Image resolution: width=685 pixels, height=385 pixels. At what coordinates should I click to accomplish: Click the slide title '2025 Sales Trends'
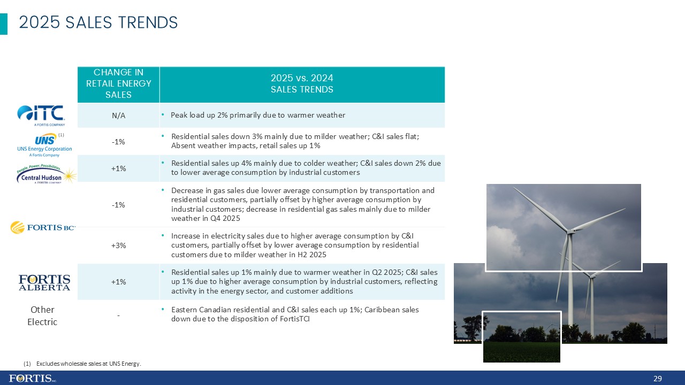[98, 22]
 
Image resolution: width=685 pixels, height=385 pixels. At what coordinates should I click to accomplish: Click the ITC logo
[41, 114]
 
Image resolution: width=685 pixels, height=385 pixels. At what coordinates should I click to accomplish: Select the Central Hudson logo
[46, 174]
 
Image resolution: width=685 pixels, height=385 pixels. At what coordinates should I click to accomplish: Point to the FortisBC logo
[43, 228]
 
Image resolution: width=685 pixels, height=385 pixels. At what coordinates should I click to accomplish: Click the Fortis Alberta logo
[44, 282]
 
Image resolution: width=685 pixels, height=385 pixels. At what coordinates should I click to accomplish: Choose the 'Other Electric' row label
[42, 315]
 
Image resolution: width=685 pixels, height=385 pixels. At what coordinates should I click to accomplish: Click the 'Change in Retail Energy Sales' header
[118, 83]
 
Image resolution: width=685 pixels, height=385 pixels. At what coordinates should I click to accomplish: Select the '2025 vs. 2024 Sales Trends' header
[302, 83]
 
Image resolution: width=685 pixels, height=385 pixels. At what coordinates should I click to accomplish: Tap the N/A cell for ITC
[118, 115]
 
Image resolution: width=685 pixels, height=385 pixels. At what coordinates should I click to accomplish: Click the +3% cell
[118, 245]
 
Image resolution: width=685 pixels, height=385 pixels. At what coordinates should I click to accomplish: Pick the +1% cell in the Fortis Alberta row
[118, 282]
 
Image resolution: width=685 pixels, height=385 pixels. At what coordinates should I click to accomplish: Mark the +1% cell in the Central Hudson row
[118, 168]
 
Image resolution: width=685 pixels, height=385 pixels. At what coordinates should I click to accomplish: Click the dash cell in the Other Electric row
[118, 315]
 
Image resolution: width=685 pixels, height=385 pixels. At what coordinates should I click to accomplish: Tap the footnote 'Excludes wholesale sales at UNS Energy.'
[88, 364]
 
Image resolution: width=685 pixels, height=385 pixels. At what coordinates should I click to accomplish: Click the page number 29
[658, 379]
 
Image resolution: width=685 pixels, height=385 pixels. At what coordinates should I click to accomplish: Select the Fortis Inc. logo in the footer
[32, 378]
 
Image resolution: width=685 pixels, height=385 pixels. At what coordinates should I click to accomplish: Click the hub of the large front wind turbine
[570, 232]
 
